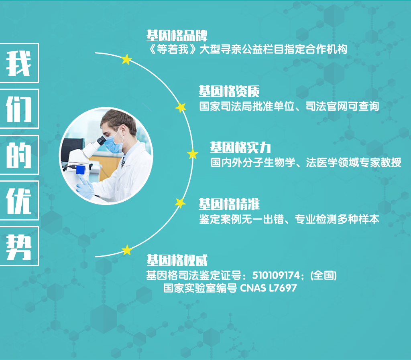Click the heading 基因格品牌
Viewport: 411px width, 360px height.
(x=177, y=36)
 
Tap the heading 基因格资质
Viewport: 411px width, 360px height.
(x=229, y=91)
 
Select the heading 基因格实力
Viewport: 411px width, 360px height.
(x=240, y=148)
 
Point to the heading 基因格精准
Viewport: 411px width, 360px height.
(x=229, y=204)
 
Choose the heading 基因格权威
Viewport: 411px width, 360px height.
(x=177, y=260)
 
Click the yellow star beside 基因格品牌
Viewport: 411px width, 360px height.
(x=126, y=59)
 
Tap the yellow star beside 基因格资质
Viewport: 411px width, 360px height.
(x=181, y=107)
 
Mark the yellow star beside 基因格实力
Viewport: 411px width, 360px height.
(x=193, y=154)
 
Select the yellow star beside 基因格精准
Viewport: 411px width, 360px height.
(x=180, y=203)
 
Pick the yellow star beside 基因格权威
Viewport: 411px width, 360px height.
(x=127, y=250)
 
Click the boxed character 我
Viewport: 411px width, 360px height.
(x=19, y=63)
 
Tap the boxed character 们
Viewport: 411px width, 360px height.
(x=19, y=109)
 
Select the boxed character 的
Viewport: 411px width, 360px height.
(x=19, y=155)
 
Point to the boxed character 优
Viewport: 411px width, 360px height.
(x=19, y=200)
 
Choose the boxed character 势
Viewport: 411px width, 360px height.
(x=19, y=246)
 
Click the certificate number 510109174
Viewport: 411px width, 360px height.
(x=276, y=275)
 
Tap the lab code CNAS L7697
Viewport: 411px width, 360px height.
(x=269, y=288)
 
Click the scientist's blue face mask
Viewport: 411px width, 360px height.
(x=114, y=143)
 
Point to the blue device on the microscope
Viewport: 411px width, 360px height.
(x=80, y=170)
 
